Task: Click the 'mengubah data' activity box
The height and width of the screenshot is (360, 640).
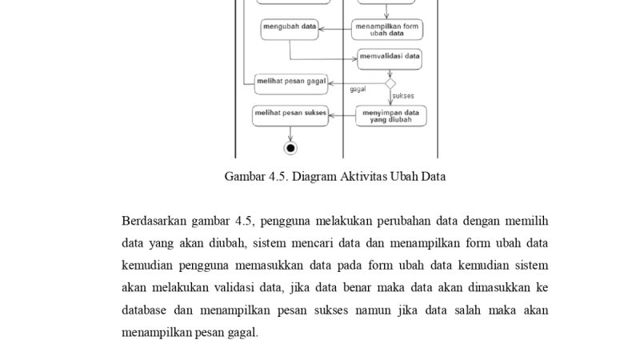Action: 289,30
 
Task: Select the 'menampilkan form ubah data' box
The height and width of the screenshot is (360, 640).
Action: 387,30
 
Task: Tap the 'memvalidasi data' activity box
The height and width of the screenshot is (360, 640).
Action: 390,57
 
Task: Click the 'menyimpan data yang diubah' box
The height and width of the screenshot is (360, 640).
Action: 390,116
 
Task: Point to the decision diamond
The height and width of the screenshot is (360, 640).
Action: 390,82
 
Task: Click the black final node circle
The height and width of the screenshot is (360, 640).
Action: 290,147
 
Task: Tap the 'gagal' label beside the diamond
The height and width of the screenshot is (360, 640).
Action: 358,90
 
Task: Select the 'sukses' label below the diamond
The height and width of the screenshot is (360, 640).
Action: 403,96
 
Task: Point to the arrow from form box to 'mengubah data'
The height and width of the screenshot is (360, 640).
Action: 334,30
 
